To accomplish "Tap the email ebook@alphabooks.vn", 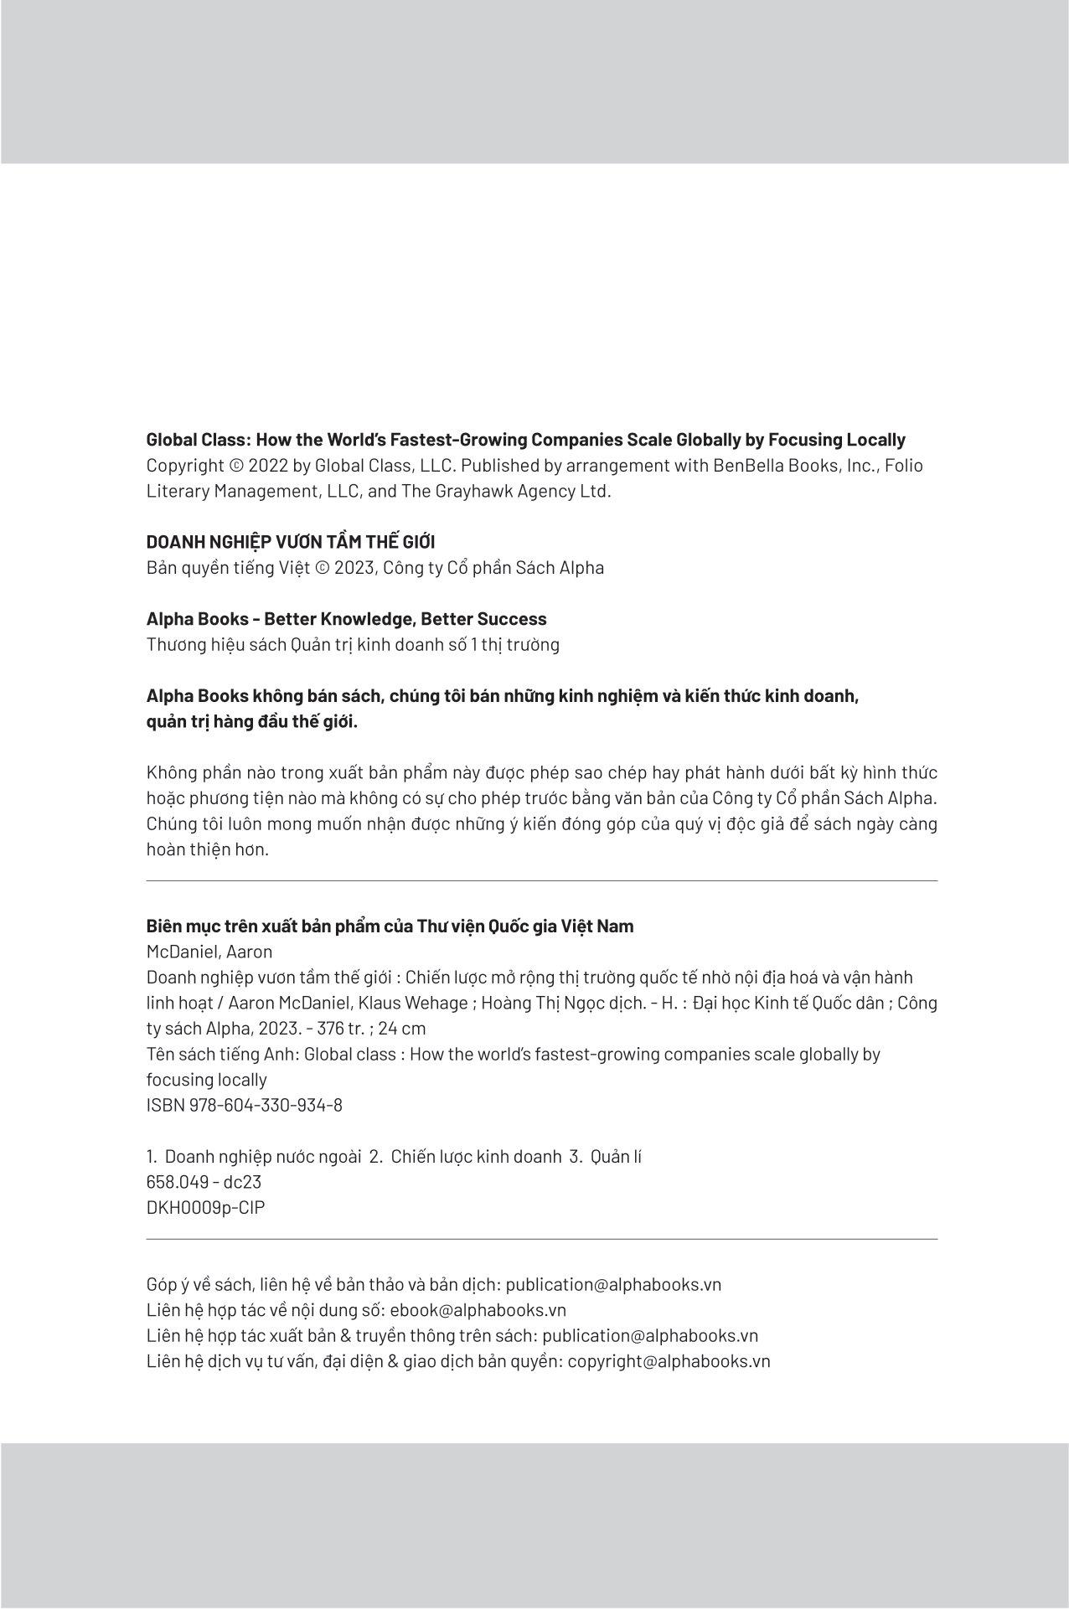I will click(x=478, y=1310).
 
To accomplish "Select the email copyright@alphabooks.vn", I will click(x=669, y=1361).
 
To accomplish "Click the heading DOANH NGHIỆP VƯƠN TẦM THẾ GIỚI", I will click(x=291, y=542).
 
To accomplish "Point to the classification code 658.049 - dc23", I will click(x=204, y=1182).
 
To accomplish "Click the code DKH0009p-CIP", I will click(x=205, y=1208).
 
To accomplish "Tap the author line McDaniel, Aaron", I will click(x=209, y=952).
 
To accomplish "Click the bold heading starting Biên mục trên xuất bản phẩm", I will click(x=390, y=926).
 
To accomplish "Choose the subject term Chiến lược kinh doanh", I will click(x=476, y=1157).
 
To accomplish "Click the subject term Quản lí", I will click(x=616, y=1157).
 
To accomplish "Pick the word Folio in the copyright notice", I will click(x=904, y=466).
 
